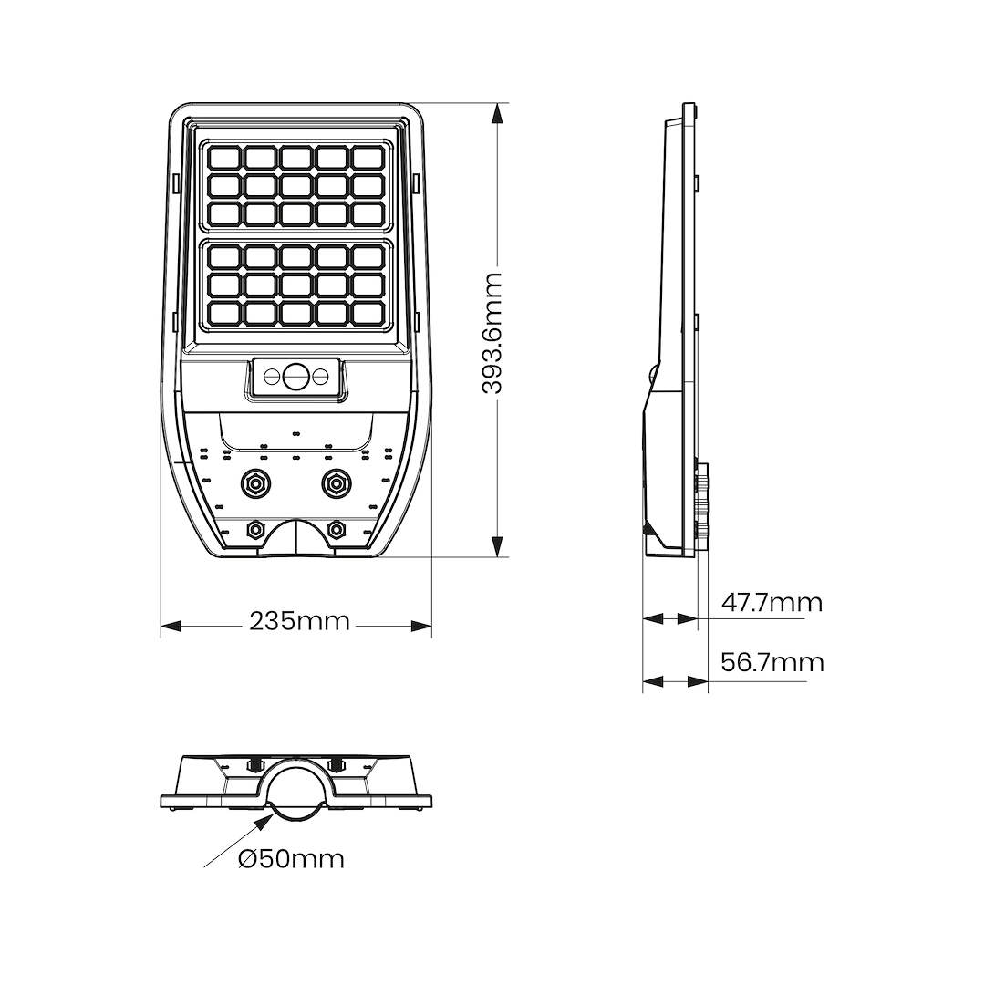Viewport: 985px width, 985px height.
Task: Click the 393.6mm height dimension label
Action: [x=493, y=332]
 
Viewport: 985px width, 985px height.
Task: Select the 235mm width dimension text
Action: [x=299, y=622]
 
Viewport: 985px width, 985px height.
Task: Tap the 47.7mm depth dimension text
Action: [x=772, y=603]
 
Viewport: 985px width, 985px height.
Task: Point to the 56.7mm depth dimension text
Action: [x=772, y=662]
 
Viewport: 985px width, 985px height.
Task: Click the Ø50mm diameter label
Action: [x=292, y=859]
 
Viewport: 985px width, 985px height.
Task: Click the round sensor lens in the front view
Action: [x=295, y=376]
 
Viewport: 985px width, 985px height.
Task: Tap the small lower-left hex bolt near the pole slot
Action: [x=255, y=528]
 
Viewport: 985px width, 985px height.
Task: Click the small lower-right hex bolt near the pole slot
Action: [x=336, y=528]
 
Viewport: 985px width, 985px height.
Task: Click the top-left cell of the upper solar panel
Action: [x=223, y=158]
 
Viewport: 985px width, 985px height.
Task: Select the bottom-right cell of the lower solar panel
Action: [x=367, y=313]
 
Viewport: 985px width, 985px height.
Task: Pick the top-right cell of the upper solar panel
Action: [x=367, y=158]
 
